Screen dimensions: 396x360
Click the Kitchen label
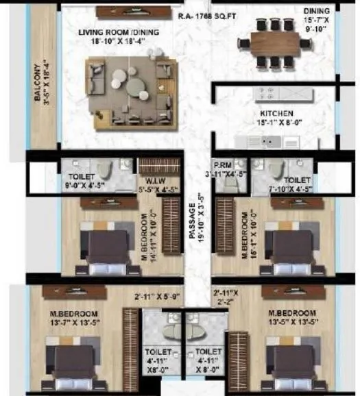tap(276, 113)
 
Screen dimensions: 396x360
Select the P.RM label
tap(221, 164)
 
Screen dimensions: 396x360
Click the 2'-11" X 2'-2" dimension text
tap(227, 297)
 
